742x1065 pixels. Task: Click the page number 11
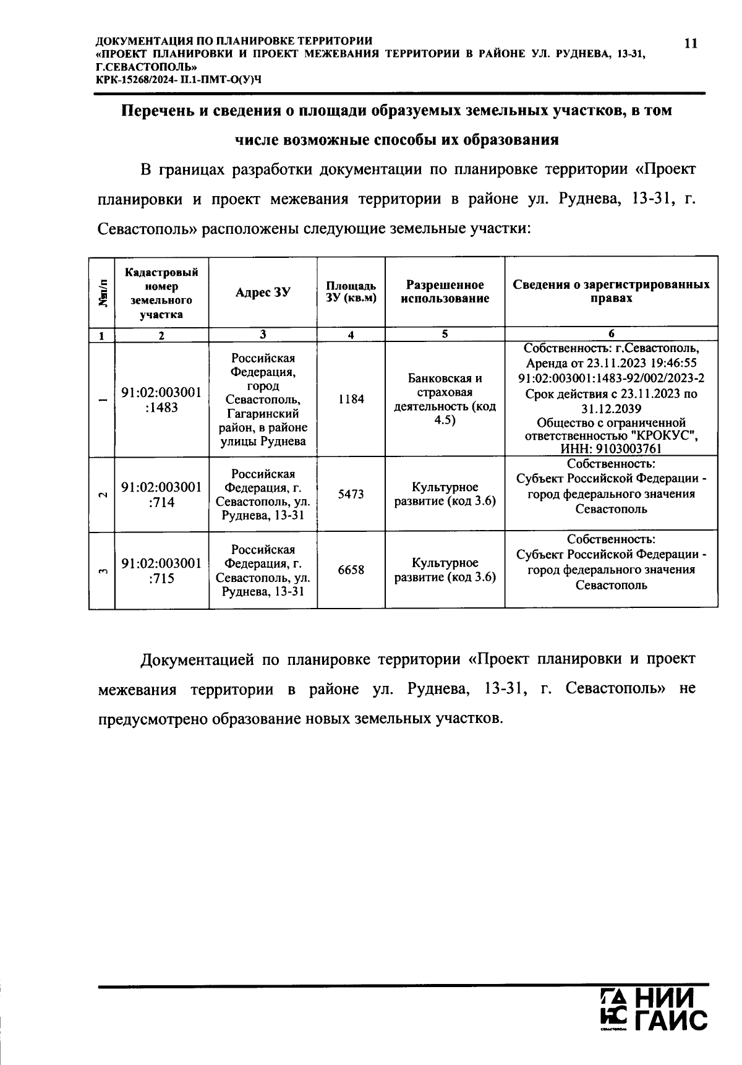[x=691, y=43]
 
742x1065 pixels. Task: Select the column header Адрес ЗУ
[x=263, y=293]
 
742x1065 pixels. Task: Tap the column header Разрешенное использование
[x=445, y=292]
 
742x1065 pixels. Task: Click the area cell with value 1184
[x=351, y=400]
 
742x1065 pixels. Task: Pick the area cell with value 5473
[x=351, y=494]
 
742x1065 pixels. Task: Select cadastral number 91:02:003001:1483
[x=161, y=400]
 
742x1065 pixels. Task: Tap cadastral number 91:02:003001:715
[x=161, y=571]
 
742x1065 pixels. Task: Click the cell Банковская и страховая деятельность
[x=445, y=400]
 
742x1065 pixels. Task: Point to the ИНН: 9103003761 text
[x=611, y=449]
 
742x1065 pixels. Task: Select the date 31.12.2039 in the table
[x=611, y=409]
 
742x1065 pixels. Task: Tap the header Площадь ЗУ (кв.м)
[x=351, y=292]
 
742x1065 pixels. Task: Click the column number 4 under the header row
[x=351, y=335]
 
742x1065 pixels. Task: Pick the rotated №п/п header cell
[x=102, y=293]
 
